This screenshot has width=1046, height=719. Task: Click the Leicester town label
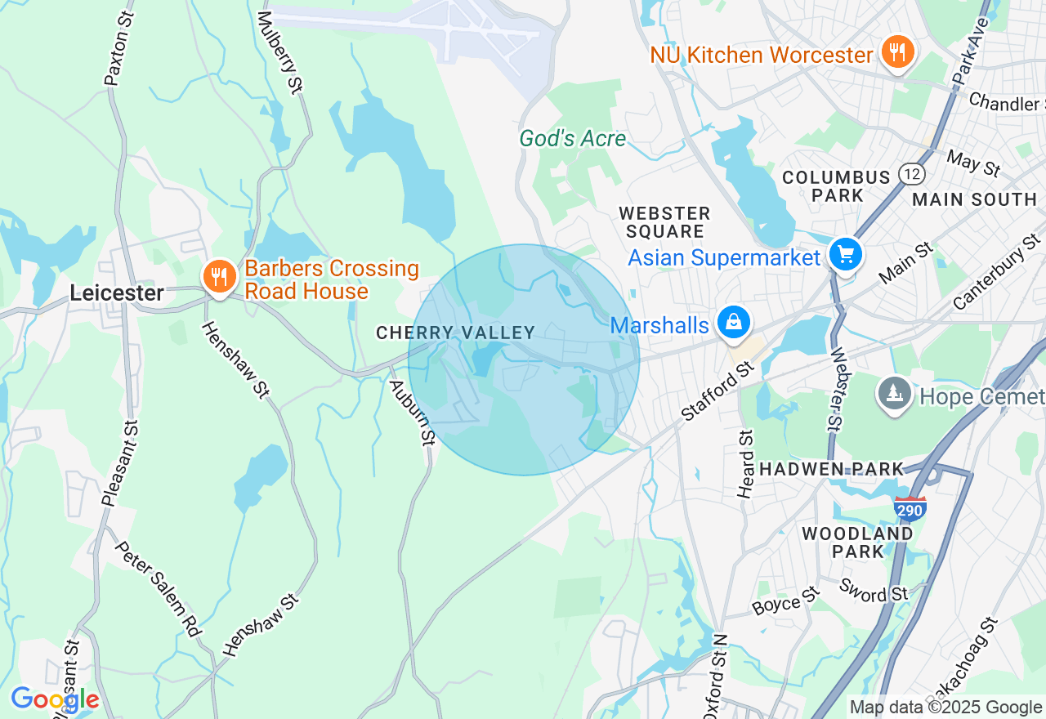[x=117, y=293]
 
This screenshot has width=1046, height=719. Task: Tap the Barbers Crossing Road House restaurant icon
[x=218, y=277]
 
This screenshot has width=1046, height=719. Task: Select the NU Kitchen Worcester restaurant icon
[x=898, y=53]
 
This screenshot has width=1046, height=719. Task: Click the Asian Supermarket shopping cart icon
[x=846, y=255]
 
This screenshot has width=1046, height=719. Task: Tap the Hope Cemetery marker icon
[x=895, y=395]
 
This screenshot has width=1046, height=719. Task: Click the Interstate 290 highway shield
[x=910, y=508]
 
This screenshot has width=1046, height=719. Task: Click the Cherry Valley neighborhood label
[x=455, y=333]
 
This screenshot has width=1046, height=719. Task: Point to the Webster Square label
[x=664, y=222]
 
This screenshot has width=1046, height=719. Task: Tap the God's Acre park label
[x=573, y=139]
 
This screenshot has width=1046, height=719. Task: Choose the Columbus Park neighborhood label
[x=836, y=186]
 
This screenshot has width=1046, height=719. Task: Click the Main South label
[x=974, y=199]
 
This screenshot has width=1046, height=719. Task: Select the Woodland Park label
[x=857, y=543]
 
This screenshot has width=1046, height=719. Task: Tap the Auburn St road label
[x=411, y=413]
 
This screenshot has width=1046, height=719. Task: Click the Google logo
[x=55, y=699]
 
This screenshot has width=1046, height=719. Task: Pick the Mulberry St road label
[x=279, y=52]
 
